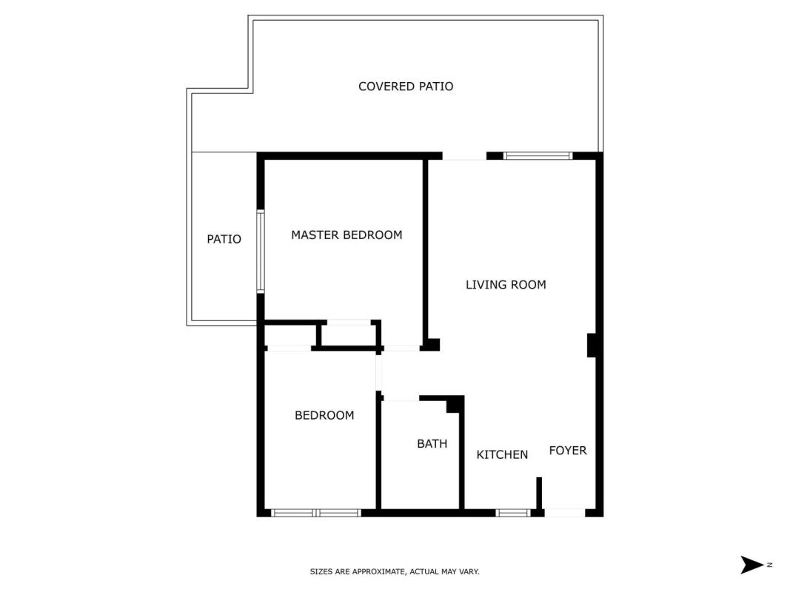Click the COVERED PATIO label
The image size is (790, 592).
tap(406, 87)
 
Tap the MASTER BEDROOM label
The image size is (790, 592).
tap(347, 235)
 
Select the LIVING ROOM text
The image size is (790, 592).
tap(506, 285)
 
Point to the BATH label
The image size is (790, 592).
tap(432, 443)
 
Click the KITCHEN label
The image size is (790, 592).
tap(502, 454)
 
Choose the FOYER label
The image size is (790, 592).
tap(568, 451)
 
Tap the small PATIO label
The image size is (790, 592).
tap(224, 239)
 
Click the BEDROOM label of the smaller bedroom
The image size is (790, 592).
tap(324, 415)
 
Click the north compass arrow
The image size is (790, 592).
tap(752, 565)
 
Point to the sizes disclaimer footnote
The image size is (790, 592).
tap(395, 571)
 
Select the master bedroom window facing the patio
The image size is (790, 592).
tap(261, 251)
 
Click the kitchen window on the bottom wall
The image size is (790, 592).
tap(513, 513)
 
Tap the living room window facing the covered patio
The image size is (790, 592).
tap(538, 156)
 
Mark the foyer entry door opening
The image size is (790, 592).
tap(565, 513)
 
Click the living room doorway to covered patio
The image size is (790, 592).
tap(464, 156)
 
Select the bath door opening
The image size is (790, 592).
tap(401, 398)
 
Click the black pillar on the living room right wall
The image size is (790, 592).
tap(592, 346)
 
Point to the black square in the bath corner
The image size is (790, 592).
tap(455, 405)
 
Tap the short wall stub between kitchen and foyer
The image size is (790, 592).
tap(538, 494)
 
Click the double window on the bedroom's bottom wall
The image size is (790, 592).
tap(316, 513)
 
